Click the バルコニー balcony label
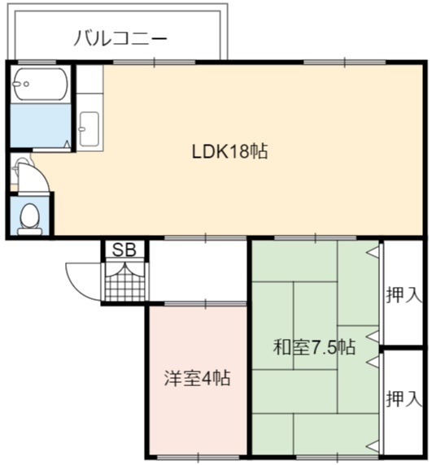(x=120, y=40)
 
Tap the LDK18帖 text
(x=230, y=151)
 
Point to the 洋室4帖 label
(x=197, y=378)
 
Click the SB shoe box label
(x=124, y=250)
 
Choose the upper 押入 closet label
(x=404, y=295)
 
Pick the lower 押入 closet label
(x=404, y=399)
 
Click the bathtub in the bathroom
(x=40, y=84)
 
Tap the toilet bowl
(x=29, y=219)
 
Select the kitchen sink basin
(x=89, y=129)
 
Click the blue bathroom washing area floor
(x=41, y=125)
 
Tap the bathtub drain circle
(x=26, y=84)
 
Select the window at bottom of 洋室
(x=198, y=458)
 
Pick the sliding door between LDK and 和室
(x=315, y=238)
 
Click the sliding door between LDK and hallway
(x=205, y=238)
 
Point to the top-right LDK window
(x=344, y=63)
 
